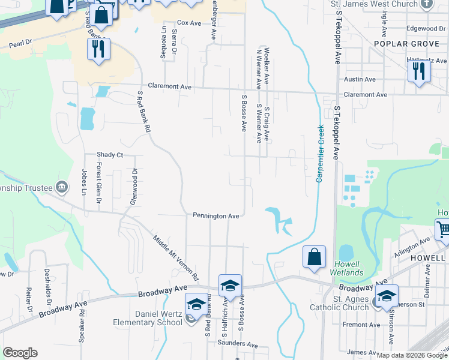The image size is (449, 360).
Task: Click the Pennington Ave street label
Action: [x=216, y=215]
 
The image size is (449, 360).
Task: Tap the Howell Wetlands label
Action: [x=346, y=268]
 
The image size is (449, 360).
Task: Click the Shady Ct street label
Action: [x=110, y=155]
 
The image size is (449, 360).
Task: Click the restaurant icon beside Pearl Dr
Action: [x=98, y=49]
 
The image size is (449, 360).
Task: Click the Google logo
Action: [x=20, y=353]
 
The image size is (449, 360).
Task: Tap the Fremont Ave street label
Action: [x=361, y=325]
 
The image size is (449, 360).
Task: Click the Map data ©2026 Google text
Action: [x=411, y=355]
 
